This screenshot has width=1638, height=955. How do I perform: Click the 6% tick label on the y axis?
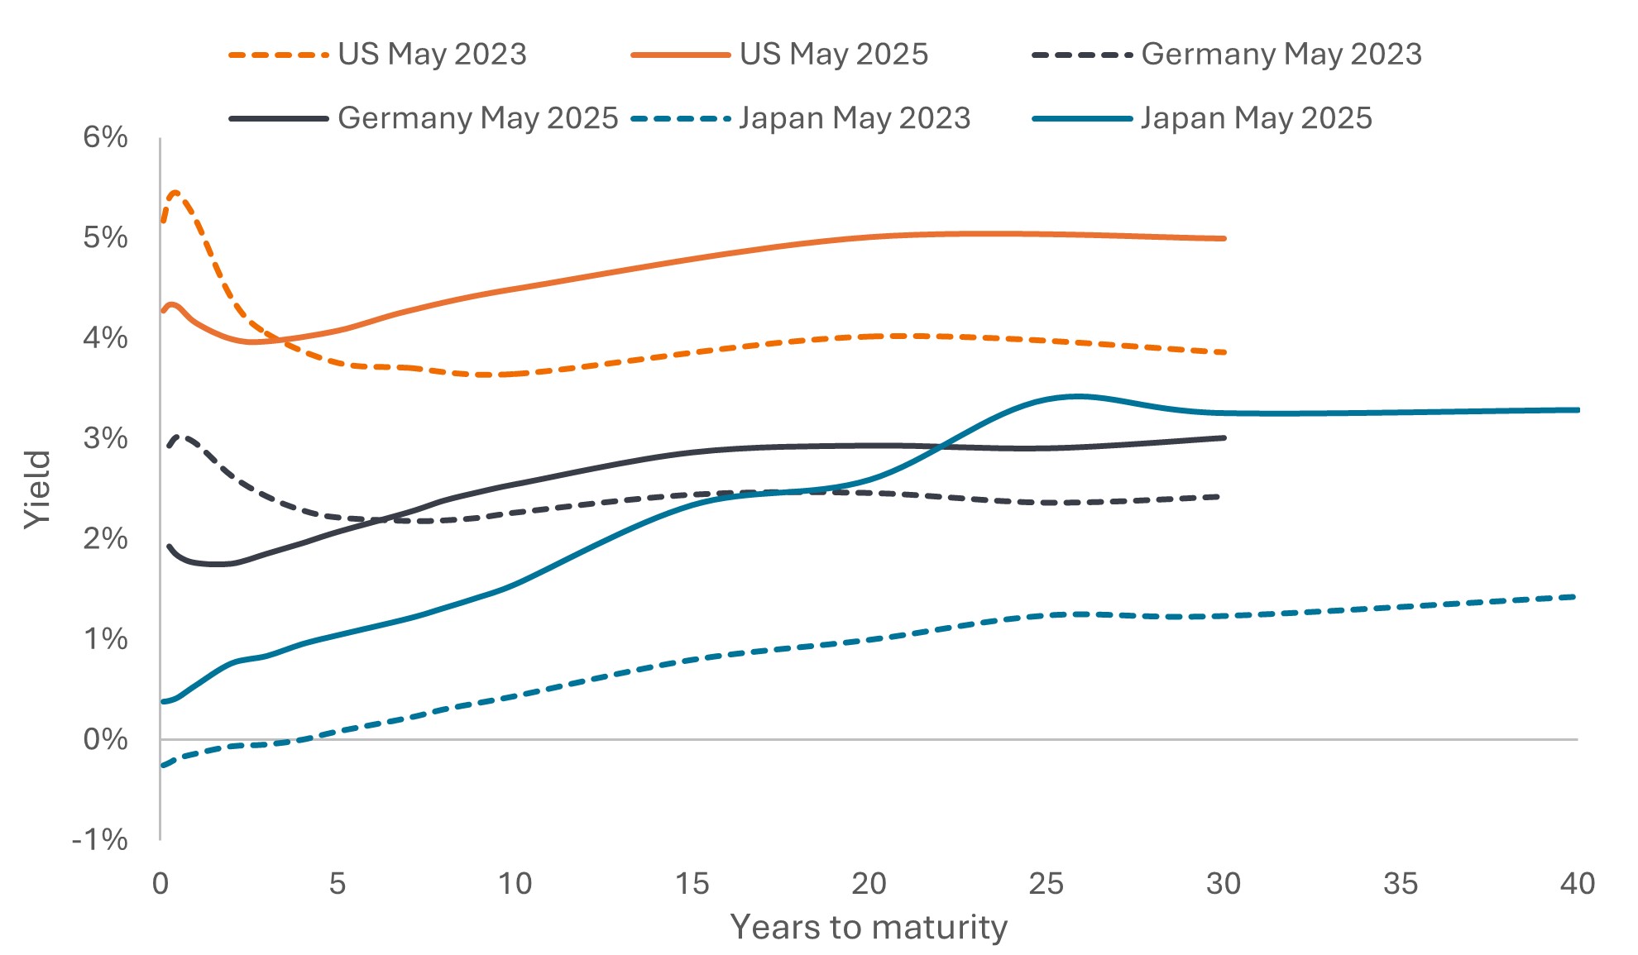click(x=105, y=137)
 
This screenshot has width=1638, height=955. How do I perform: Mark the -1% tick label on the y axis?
click(x=100, y=840)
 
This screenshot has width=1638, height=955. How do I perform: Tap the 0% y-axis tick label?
click(x=105, y=739)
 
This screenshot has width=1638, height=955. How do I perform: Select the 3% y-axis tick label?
click(x=105, y=438)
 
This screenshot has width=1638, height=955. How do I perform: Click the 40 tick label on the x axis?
click(x=1578, y=884)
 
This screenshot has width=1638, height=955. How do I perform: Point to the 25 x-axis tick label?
click(x=1046, y=884)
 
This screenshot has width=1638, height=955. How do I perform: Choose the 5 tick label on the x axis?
click(x=338, y=884)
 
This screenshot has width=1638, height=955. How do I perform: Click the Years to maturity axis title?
click(x=869, y=928)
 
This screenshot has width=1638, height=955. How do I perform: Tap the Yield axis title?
click(x=38, y=489)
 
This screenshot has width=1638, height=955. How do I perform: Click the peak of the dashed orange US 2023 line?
click(x=175, y=193)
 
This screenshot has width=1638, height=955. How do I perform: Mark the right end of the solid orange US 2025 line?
click(x=1224, y=238)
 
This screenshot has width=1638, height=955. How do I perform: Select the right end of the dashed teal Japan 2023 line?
click(x=1574, y=596)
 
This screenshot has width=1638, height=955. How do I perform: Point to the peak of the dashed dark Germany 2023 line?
click(x=182, y=436)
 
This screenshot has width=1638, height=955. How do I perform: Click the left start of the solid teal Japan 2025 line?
click(x=163, y=701)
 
